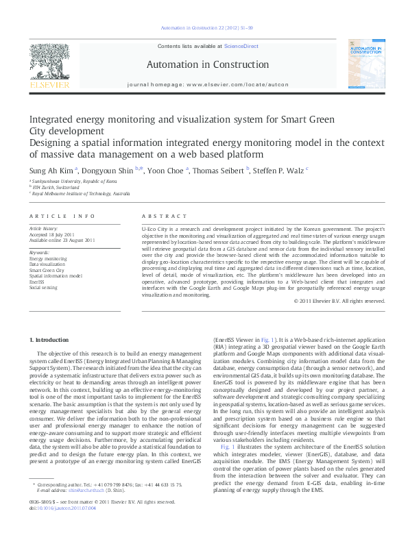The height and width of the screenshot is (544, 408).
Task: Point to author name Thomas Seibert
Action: [x=221, y=169]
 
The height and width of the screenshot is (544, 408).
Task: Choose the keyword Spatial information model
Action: [x=56, y=275]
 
